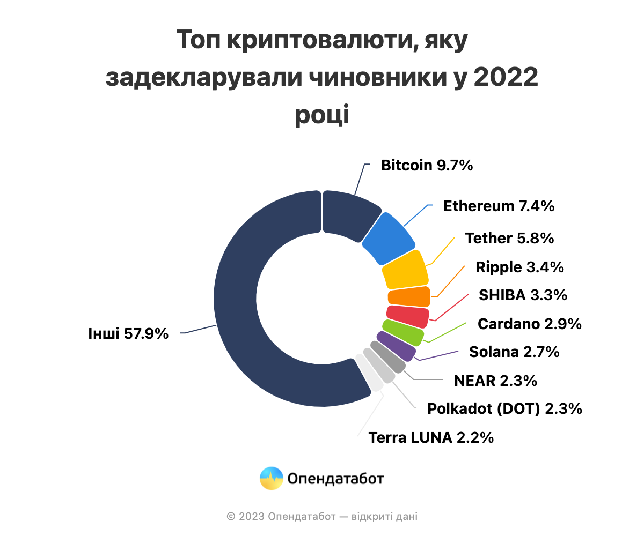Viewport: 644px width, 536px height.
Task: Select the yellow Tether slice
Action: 406,270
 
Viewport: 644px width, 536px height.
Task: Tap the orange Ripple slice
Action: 409,296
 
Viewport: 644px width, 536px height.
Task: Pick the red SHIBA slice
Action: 408,317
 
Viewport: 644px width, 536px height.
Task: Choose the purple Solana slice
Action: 396,346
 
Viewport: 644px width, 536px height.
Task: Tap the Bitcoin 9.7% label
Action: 427,165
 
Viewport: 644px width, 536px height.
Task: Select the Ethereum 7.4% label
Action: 499,206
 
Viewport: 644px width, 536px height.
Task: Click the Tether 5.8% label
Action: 509,238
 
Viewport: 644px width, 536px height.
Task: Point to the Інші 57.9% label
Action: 128,334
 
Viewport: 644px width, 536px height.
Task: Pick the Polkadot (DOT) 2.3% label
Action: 504,409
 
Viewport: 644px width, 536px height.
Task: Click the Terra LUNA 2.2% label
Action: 431,438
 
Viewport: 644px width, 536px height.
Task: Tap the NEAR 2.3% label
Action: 495,381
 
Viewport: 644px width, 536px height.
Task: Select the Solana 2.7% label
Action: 514,352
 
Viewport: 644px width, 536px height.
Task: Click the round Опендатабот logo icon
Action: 271,478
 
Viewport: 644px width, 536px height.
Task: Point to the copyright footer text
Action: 322,517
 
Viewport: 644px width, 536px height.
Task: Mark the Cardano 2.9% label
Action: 529,324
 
